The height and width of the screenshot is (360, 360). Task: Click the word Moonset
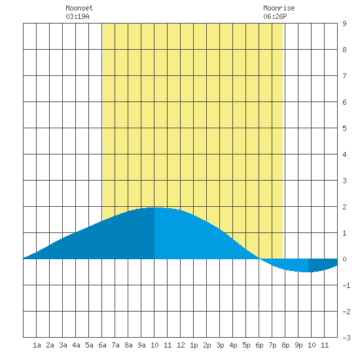pyautogui.click(x=79, y=8)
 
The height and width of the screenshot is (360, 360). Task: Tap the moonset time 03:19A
pyautogui.click(x=77, y=16)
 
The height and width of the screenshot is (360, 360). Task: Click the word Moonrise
pyautogui.click(x=279, y=8)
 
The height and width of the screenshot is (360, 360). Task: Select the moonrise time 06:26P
pyautogui.click(x=275, y=16)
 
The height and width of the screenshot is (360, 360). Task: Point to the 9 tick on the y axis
pyautogui.click(x=344, y=24)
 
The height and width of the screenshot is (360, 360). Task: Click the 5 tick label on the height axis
pyautogui.click(x=344, y=128)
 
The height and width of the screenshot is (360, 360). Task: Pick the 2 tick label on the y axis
pyautogui.click(x=344, y=207)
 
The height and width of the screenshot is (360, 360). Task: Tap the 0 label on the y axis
pyautogui.click(x=344, y=259)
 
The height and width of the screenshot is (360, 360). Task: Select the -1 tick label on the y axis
pyautogui.click(x=346, y=285)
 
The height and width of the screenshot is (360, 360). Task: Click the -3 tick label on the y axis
pyautogui.click(x=346, y=338)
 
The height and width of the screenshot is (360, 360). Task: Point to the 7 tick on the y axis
pyautogui.click(x=344, y=76)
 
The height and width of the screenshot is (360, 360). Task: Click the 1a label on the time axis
pyautogui.click(x=37, y=345)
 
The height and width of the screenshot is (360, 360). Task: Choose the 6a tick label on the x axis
pyautogui.click(x=102, y=345)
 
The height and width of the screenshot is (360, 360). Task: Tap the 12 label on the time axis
pyautogui.click(x=181, y=345)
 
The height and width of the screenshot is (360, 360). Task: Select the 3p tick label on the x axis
pyautogui.click(x=220, y=345)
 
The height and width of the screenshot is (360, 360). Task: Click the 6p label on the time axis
pyautogui.click(x=259, y=345)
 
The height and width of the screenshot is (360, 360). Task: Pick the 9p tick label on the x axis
pyautogui.click(x=298, y=345)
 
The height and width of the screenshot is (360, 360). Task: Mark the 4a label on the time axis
pyautogui.click(x=76, y=345)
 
